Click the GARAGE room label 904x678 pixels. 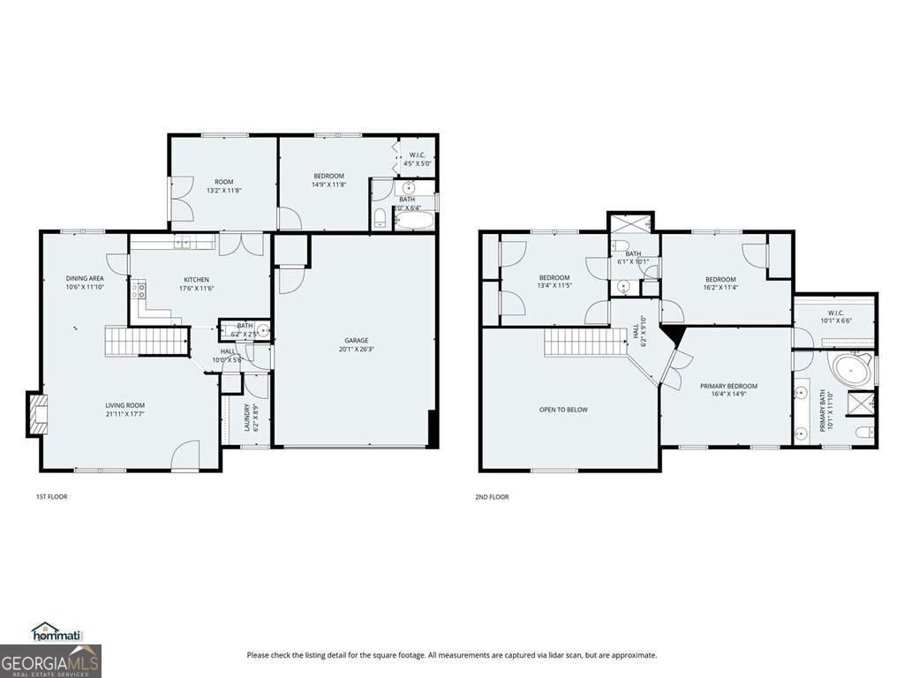pyautogui.click(x=356, y=340)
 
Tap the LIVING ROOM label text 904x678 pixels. pyautogui.click(x=123, y=405)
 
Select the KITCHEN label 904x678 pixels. pyautogui.click(x=196, y=279)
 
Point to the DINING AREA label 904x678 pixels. pyautogui.click(x=85, y=278)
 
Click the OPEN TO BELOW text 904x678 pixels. pyautogui.click(x=563, y=410)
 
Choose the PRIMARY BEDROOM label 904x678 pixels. pyautogui.click(x=728, y=386)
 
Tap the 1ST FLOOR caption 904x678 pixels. pyautogui.click(x=51, y=497)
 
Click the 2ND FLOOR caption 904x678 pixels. pyautogui.click(x=492, y=497)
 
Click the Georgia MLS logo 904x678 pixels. pyautogui.click(x=50, y=660)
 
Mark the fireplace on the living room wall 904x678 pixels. pyautogui.click(x=37, y=414)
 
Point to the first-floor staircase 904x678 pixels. pyautogui.click(x=146, y=341)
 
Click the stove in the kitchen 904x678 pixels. pyautogui.click(x=139, y=290)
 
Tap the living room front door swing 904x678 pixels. pyautogui.click(x=185, y=456)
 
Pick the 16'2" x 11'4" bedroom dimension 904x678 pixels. pyautogui.click(x=720, y=287)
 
